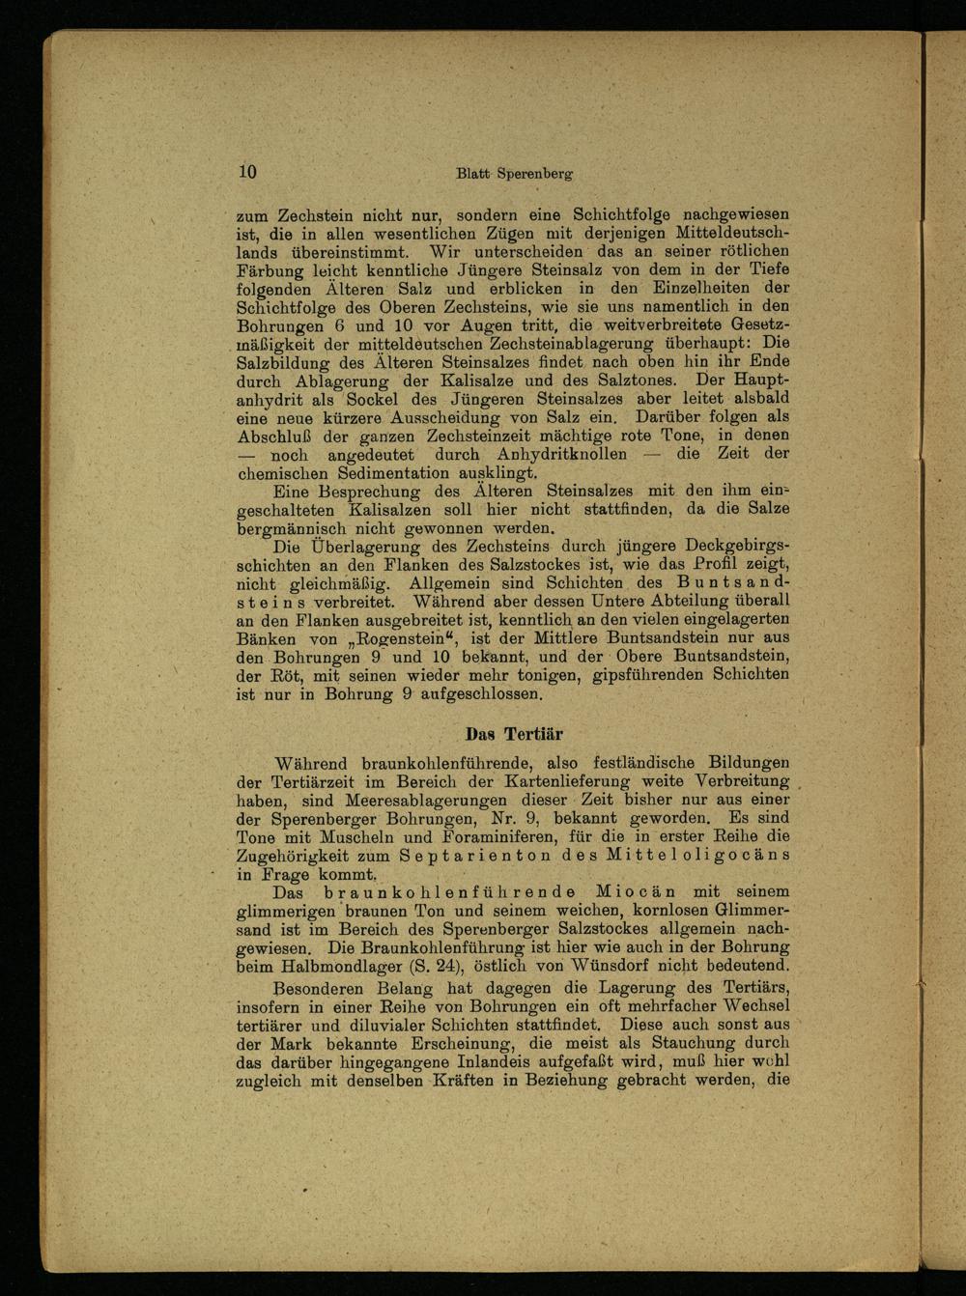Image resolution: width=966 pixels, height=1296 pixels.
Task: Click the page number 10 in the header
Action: click(x=246, y=172)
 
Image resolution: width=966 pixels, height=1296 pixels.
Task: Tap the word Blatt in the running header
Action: click(x=473, y=174)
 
